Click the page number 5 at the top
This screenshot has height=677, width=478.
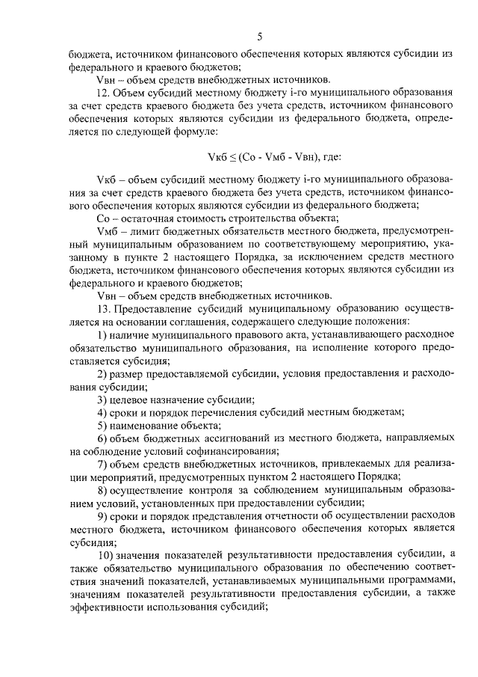tap(259, 37)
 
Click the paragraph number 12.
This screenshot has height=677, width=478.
tap(103, 93)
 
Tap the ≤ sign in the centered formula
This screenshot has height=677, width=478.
tap(237, 156)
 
